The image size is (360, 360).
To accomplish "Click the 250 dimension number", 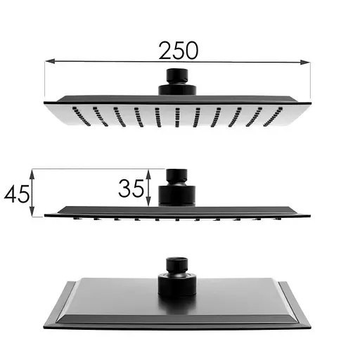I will point(178,50).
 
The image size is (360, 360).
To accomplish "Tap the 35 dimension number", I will point(131,188).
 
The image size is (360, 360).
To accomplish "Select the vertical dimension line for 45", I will point(33,191).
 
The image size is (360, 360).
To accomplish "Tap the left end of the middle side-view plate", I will point(46,214).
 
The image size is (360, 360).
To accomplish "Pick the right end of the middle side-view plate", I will point(309,214).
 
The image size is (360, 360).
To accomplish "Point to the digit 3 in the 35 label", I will point(125,188).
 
